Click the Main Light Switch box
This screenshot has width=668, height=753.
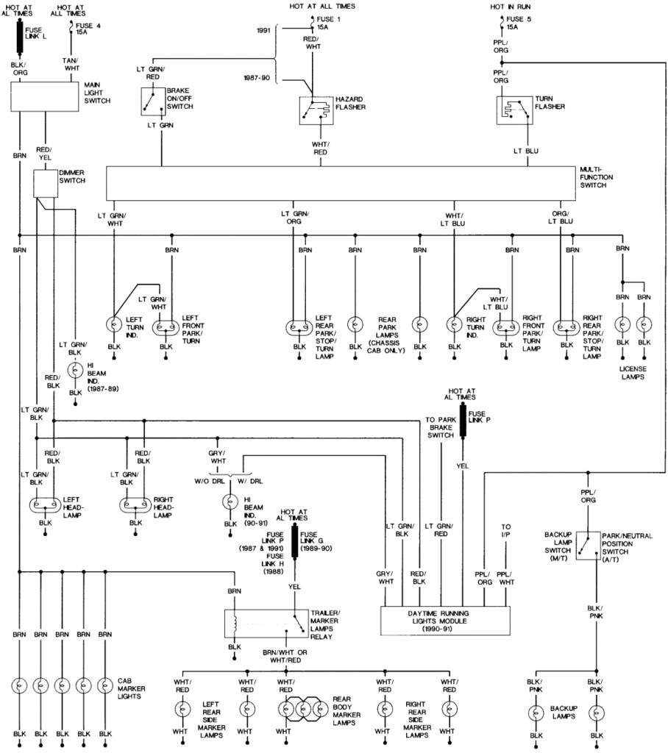(x=44, y=96)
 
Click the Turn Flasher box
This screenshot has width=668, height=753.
(x=514, y=110)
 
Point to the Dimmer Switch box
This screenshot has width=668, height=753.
(x=46, y=184)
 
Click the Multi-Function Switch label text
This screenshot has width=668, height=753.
(x=596, y=177)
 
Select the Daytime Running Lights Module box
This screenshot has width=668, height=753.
(x=446, y=620)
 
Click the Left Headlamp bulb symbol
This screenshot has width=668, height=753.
(x=46, y=505)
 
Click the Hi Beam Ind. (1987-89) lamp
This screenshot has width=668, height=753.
(x=75, y=370)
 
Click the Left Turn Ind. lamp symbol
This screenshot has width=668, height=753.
(x=114, y=323)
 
